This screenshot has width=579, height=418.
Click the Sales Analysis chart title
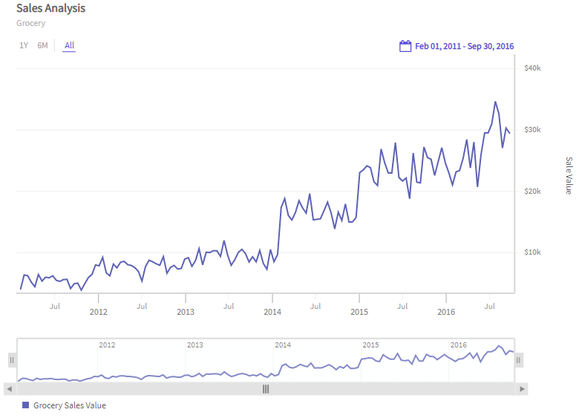coord(50,9)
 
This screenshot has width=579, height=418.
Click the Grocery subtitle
coord(30,23)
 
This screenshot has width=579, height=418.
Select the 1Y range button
coord(24,45)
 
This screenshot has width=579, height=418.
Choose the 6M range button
coord(42,45)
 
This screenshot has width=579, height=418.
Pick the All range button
coord(69,45)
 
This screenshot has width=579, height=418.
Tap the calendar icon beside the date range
coord(405,46)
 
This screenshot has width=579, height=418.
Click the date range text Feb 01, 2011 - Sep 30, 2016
coord(464,46)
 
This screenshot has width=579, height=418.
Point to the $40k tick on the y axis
coord(531,68)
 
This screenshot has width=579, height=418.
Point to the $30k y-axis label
coord(531,130)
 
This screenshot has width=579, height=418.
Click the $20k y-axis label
coord(531,192)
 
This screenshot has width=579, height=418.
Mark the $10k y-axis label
coord(531,252)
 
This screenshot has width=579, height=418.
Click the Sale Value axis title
coord(569,175)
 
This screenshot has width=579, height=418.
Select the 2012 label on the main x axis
coord(99,312)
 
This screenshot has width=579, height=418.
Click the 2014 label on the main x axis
coord(272,312)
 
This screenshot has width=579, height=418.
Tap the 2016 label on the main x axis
coord(445,312)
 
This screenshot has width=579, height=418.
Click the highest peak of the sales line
coord(495,102)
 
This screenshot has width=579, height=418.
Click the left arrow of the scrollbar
coord(9,388)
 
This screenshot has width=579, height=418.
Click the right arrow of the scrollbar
coord(523,388)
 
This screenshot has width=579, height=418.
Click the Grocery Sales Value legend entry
coord(69,405)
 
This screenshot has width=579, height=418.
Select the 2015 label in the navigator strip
coord(370,345)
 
